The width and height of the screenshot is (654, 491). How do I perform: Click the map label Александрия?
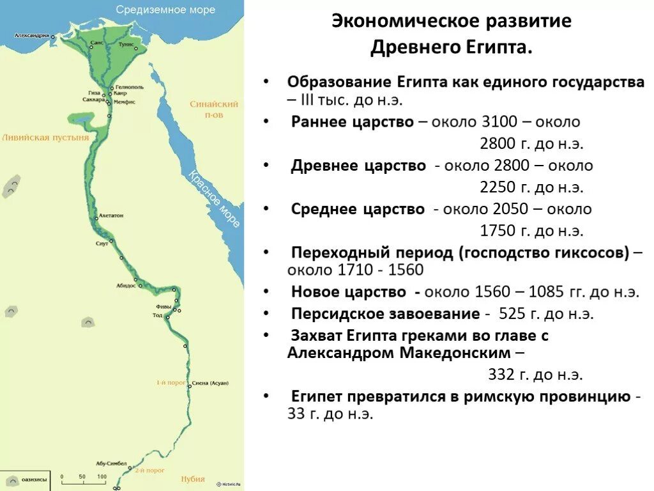32,36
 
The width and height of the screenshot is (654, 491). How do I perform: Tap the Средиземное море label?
165,10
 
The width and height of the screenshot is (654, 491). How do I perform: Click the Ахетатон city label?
111,217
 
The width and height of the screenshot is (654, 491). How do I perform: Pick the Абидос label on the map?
126,285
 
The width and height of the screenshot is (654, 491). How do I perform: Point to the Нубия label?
192,479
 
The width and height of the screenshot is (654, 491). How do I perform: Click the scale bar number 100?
102,477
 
